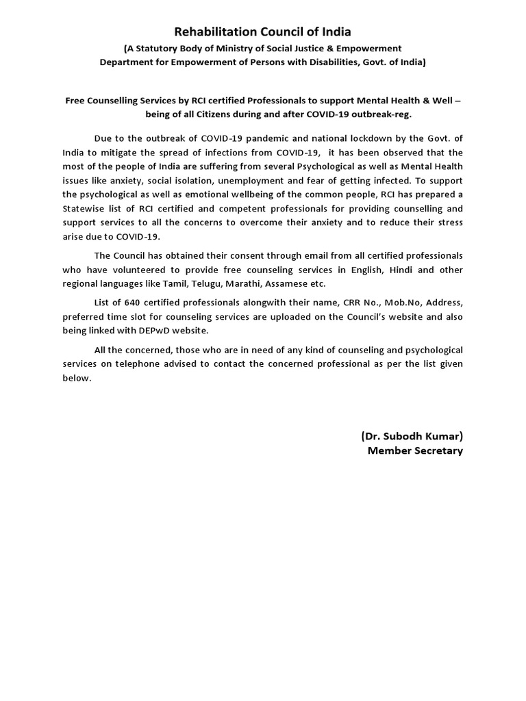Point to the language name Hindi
402,270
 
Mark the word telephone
156,364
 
